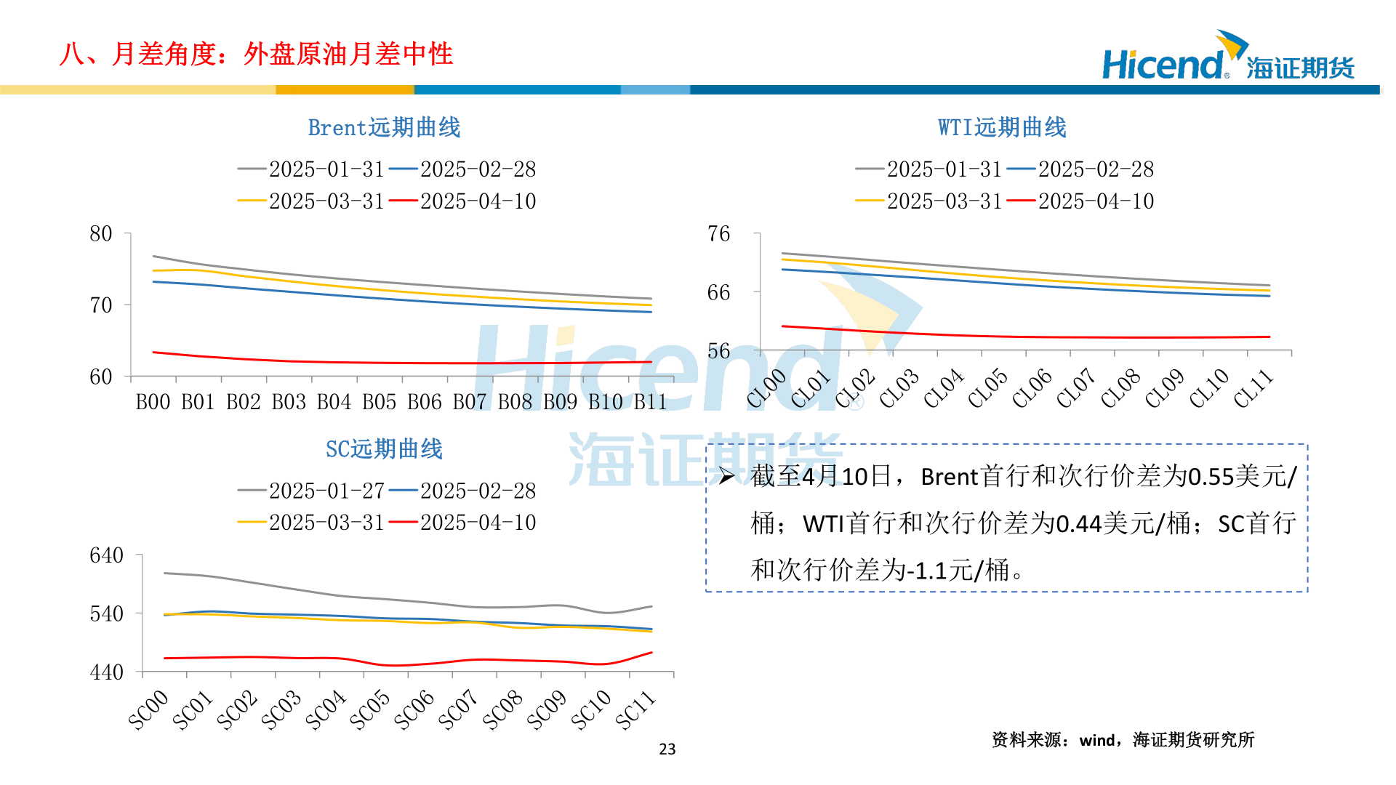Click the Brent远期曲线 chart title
[x=384, y=128]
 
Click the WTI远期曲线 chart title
[x=1002, y=128]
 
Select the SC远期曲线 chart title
[x=384, y=449]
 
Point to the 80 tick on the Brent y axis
[x=101, y=234]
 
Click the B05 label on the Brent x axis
[x=379, y=402]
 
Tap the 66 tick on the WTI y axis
[x=718, y=293]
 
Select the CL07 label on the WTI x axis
[x=1076, y=388]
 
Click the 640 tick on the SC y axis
[x=106, y=556]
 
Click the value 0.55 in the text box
[x=1211, y=478]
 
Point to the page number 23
[x=667, y=749]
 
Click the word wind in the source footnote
[x=1096, y=741]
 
